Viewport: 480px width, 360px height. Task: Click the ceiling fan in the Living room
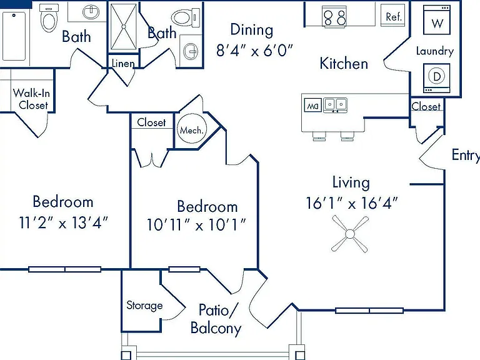[350, 234]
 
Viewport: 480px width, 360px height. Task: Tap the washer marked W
[437, 20]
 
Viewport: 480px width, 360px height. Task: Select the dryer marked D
[437, 77]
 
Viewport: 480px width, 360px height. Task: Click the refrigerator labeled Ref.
[392, 15]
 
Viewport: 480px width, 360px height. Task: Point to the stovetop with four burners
[334, 16]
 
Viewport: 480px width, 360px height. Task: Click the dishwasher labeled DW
[313, 105]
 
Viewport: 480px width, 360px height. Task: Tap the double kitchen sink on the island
[336, 105]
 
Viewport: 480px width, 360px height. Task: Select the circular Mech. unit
[192, 129]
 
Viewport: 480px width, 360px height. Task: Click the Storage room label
[144, 306]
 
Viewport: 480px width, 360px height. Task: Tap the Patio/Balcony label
[216, 319]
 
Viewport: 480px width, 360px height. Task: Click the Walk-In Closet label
[31, 99]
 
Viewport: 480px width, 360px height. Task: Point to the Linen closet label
[123, 63]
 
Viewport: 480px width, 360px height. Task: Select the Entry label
[466, 155]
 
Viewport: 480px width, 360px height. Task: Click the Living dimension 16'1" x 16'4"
[352, 203]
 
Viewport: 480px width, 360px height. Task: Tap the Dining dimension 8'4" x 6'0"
[255, 50]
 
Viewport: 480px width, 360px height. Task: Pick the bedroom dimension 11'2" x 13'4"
[64, 222]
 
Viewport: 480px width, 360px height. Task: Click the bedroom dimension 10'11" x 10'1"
[196, 225]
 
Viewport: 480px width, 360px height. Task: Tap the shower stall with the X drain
[124, 27]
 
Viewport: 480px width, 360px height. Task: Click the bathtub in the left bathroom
[14, 36]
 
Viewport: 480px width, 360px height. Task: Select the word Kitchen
[344, 64]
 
